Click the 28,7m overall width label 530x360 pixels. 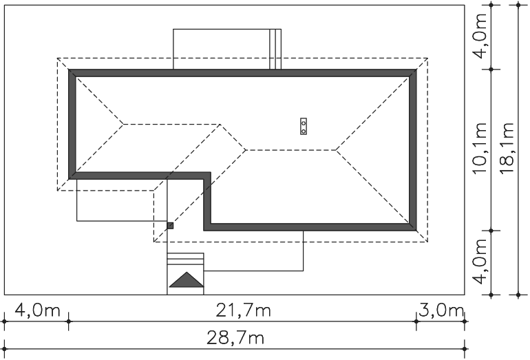[x=235, y=338]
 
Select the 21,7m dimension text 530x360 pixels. [x=244, y=310]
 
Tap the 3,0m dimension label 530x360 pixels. [x=441, y=310]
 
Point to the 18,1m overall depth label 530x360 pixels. [x=507, y=148]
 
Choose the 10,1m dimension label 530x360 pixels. [x=480, y=148]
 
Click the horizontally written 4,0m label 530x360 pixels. [x=38, y=310]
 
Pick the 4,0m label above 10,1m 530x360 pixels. [x=480, y=36]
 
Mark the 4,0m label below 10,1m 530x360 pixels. [x=480, y=262]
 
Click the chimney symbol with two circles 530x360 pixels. [x=304, y=127]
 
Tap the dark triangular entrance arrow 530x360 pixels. [x=187, y=280]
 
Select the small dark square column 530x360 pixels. [x=171, y=226]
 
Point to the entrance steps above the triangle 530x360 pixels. [x=186, y=259]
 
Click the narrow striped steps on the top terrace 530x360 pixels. [x=275, y=49]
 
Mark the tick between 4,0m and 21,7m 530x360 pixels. [x=69, y=321]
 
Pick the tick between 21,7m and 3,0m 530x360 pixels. [x=416, y=321]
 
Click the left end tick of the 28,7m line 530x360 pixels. [x=4, y=349]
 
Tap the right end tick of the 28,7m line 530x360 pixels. [x=465, y=349]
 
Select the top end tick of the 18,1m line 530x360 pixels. [x=518, y=5]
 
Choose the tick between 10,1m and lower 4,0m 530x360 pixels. [x=491, y=231]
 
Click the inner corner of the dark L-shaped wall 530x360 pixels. [x=207, y=176]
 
